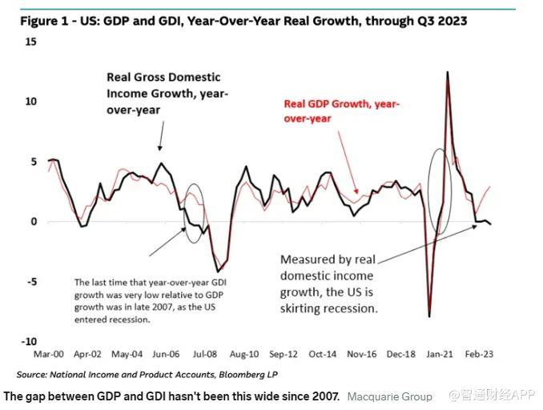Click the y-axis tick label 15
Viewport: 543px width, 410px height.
pyautogui.click(x=31, y=41)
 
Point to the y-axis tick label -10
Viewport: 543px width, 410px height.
pyautogui.click(x=28, y=341)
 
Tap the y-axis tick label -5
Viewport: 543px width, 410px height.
pyautogui.click(x=30, y=281)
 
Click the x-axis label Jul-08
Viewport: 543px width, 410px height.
pyautogui.click(x=205, y=353)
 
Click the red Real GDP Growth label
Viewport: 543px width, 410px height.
pyautogui.click(x=342, y=111)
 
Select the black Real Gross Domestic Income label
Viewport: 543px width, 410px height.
pyautogui.click(x=167, y=92)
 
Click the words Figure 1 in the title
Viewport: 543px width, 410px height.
pyautogui.click(x=42, y=21)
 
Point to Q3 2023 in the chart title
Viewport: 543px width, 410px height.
pyautogui.click(x=440, y=21)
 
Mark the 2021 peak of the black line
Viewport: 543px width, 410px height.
pyautogui.click(x=446, y=72)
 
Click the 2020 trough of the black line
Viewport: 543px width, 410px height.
pyautogui.click(x=429, y=316)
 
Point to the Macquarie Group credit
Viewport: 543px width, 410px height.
pyautogui.click(x=389, y=396)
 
